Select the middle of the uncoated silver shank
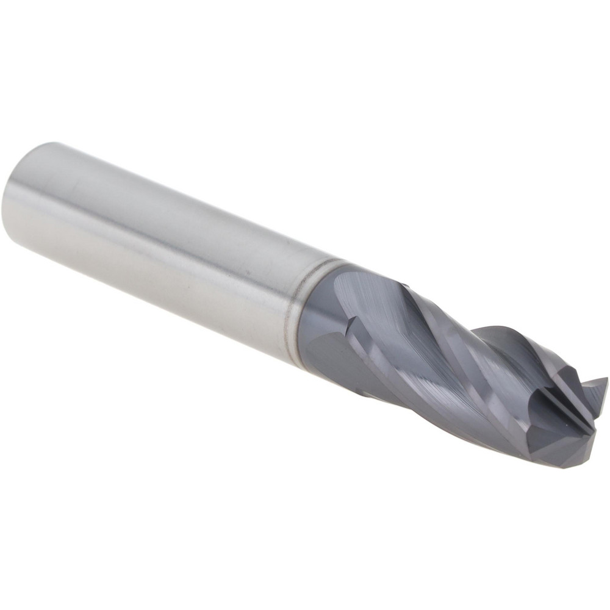pos(165,244)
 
